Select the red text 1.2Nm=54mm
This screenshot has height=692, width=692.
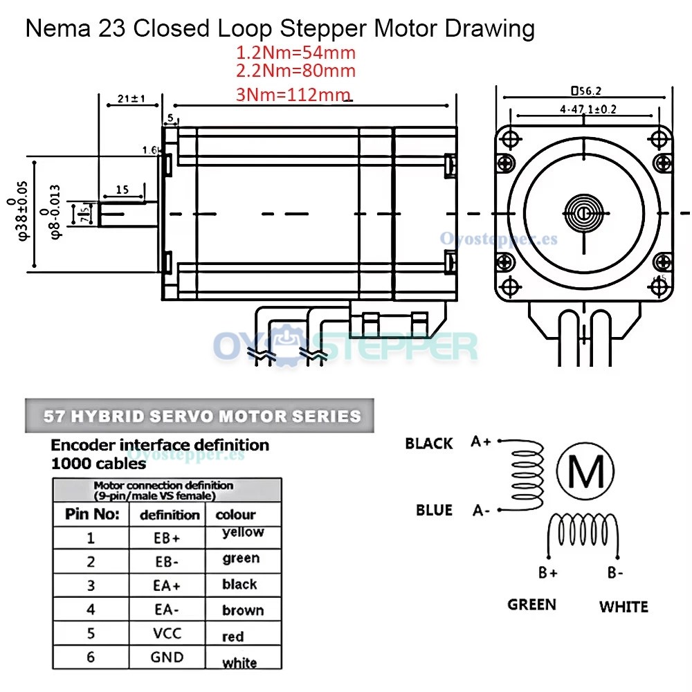[295, 52]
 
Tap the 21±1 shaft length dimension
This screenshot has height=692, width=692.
[131, 100]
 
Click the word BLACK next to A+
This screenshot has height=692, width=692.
[429, 444]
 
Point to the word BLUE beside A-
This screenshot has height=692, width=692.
[434, 510]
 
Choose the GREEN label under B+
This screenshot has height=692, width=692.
[531, 605]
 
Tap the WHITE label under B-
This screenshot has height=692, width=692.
[623, 607]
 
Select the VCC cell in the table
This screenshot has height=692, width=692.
[167, 633]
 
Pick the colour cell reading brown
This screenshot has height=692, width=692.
[243, 610]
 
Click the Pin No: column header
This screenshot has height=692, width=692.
[92, 514]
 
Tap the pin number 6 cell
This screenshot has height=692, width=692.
[91, 657]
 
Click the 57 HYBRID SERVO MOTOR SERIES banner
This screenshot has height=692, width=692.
[202, 416]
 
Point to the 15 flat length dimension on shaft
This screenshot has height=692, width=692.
[122, 189]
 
